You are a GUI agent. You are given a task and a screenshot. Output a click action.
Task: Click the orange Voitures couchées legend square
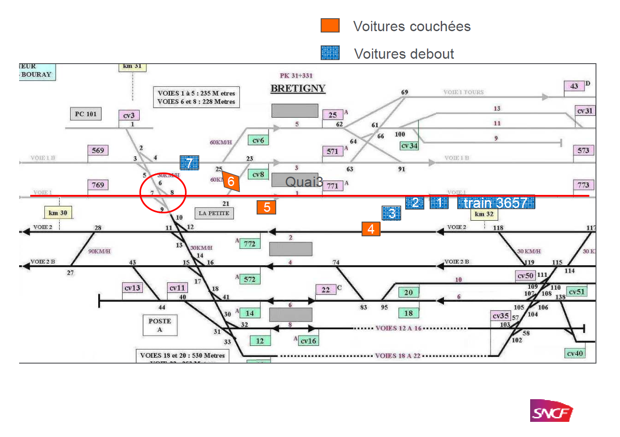coord(330,25)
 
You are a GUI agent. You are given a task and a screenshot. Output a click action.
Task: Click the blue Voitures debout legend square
coord(330,53)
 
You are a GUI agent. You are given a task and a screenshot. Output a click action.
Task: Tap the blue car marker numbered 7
coord(189,163)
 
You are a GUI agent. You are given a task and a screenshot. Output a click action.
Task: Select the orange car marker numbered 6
coord(231,181)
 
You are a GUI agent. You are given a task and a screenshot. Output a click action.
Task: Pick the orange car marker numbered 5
coord(266,207)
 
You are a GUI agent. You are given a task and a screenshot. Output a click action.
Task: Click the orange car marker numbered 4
coord(371,229)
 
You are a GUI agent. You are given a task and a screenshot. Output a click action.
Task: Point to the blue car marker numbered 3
coord(391,213)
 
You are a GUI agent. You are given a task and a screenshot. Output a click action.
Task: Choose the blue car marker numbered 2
coord(415,202)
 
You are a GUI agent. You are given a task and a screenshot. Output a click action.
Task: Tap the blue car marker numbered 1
coord(439,202)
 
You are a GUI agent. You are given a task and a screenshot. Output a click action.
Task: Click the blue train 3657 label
coord(496,202)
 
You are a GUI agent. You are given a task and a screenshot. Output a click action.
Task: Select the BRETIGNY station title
coord(298,88)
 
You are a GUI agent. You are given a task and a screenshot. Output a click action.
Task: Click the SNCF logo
coord(552,411)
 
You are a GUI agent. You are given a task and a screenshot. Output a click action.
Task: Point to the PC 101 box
coord(86,114)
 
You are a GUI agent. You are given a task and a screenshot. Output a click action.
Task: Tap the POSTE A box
coord(160,325)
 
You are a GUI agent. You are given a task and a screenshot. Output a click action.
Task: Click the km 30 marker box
coord(58,213)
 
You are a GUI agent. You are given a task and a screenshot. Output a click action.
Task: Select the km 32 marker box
coord(484,214)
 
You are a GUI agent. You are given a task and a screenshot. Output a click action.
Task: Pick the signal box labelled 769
coord(98,185)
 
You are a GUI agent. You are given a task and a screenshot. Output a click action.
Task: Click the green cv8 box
coord(258,174)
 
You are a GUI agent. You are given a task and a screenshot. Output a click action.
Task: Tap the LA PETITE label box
coord(214,213)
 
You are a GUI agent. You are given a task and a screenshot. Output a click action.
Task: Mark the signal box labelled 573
coord(583,150)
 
